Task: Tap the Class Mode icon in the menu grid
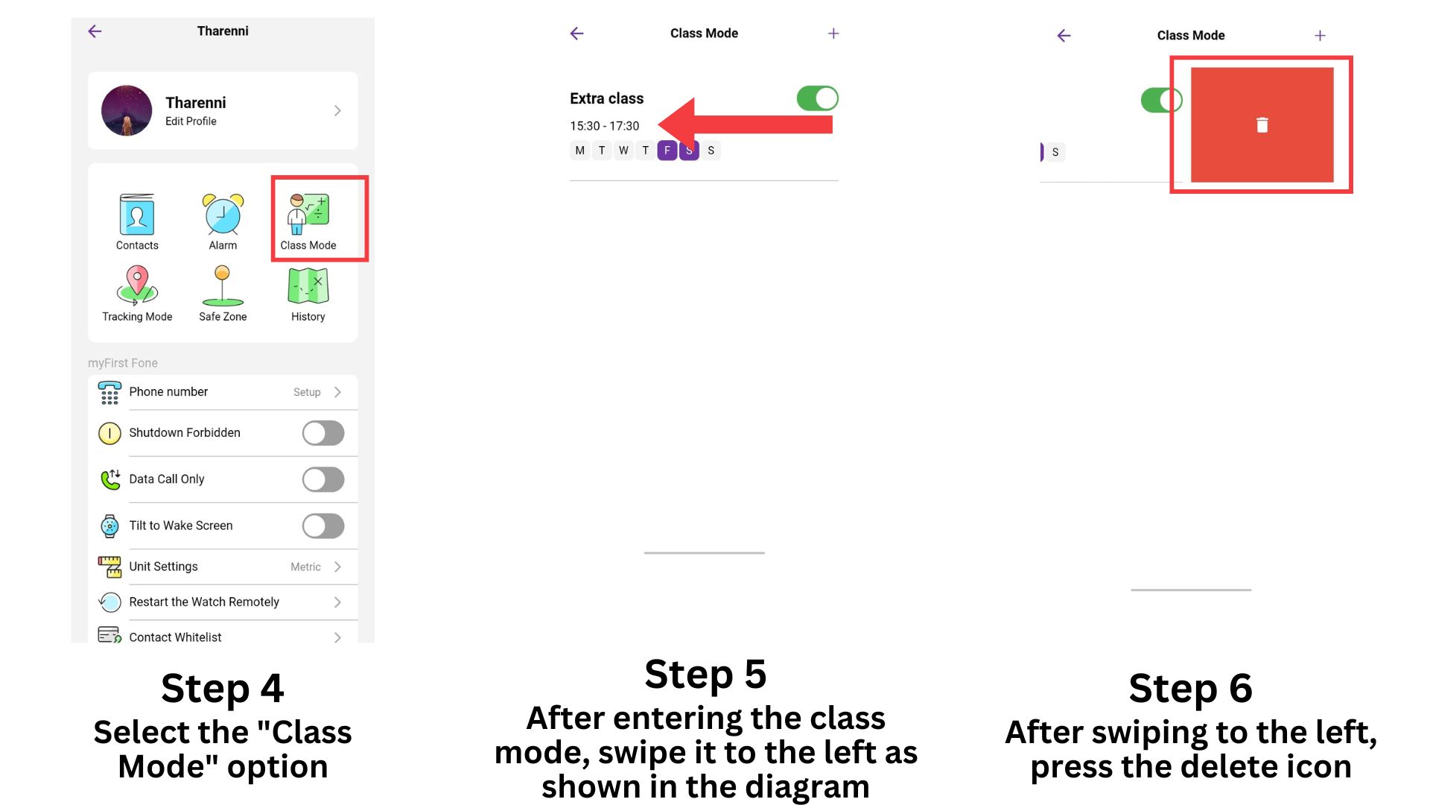308,214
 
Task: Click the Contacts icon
137,214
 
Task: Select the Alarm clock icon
223,214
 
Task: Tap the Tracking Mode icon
137,285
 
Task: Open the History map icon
308,285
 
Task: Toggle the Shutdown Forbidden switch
323,433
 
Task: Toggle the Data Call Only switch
323,479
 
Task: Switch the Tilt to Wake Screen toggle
323,525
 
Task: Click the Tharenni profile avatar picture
127,110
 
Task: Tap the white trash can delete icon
1262,125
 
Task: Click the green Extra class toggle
817,98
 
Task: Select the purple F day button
667,151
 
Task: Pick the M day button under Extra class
579,151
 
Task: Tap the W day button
623,151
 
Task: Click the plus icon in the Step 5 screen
833,34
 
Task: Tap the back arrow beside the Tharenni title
95,31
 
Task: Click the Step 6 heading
1190,687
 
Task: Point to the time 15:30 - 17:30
604,126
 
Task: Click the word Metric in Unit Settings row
305,567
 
